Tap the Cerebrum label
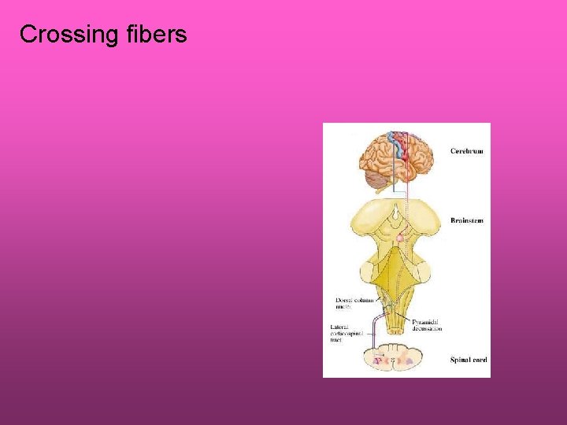click(467, 150)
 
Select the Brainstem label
click(467, 220)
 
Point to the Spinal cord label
click(469, 360)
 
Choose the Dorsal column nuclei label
click(354, 303)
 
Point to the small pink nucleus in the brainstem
click(400, 237)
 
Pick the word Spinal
click(460, 360)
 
